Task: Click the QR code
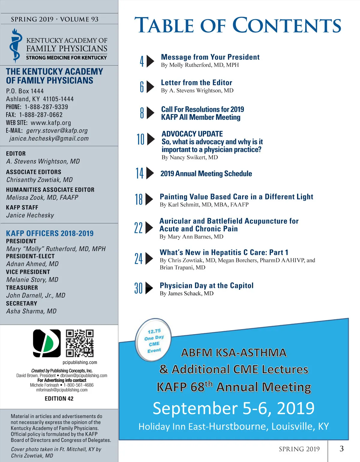(x=79, y=343)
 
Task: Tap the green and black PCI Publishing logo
(x=47, y=343)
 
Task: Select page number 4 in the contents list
(x=142, y=61)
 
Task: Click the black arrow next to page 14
(x=150, y=173)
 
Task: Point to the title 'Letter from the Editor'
(x=196, y=82)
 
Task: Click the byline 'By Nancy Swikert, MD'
(x=190, y=157)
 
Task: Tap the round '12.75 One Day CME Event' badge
(x=154, y=340)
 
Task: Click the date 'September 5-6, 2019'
(x=233, y=408)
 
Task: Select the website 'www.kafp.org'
(x=51, y=123)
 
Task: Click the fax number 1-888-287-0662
(x=41, y=115)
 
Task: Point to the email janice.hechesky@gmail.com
(x=49, y=139)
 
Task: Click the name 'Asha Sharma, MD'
(x=31, y=311)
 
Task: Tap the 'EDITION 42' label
(x=59, y=398)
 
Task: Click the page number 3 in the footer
(x=341, y=448)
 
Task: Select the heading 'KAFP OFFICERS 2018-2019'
(x=50, y=233)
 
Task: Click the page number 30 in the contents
(x=138, y=288)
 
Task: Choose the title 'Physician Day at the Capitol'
(x=206, y=285)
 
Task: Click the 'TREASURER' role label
(x=22, y=287)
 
